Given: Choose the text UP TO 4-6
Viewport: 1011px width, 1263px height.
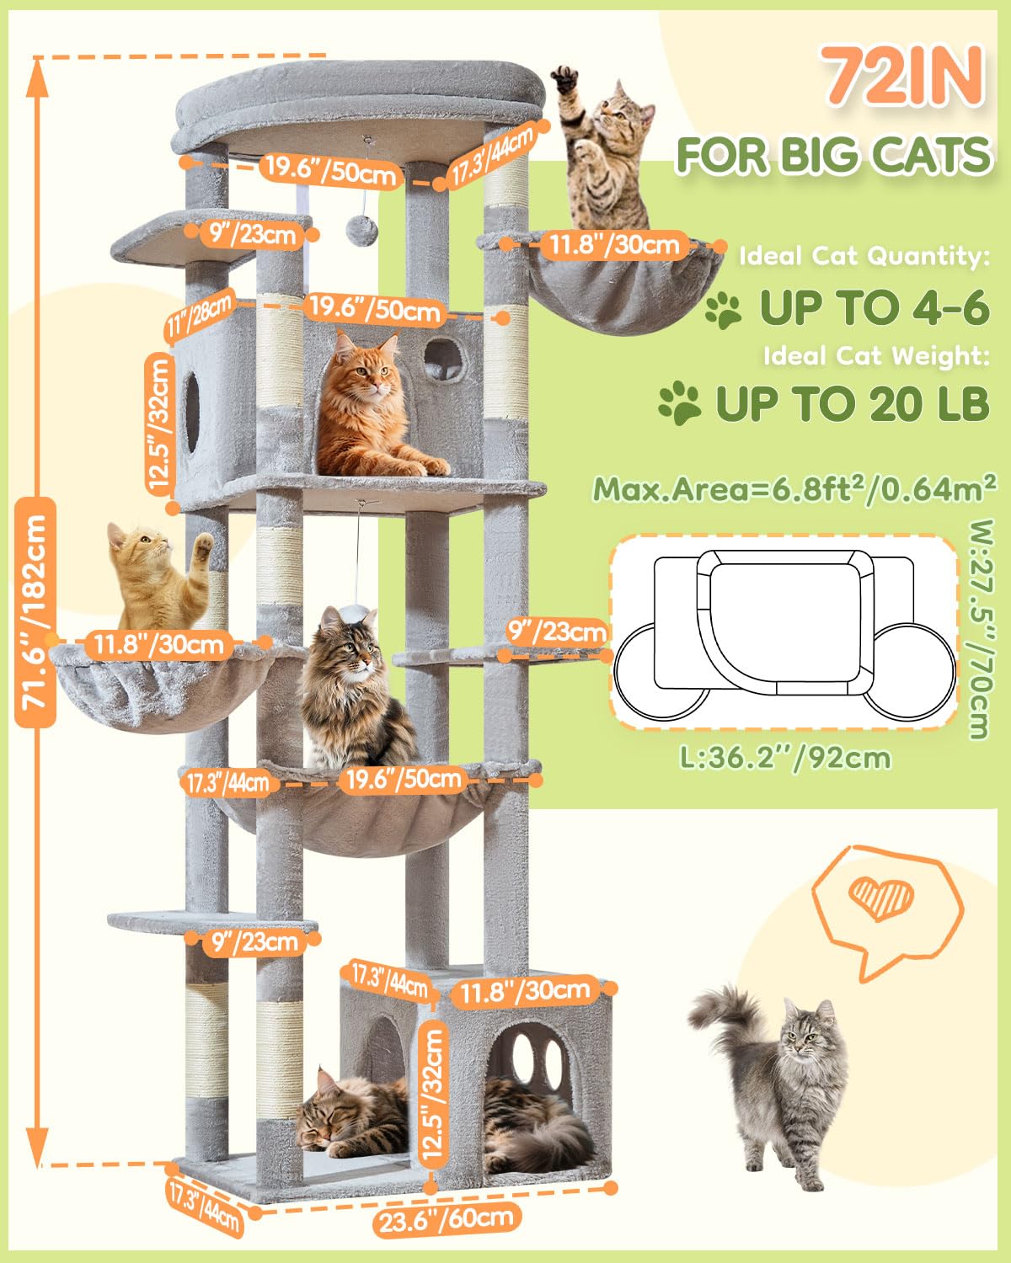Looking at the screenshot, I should pos(874,308).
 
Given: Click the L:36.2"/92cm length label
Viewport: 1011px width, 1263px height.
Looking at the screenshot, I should pos(785,758).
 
